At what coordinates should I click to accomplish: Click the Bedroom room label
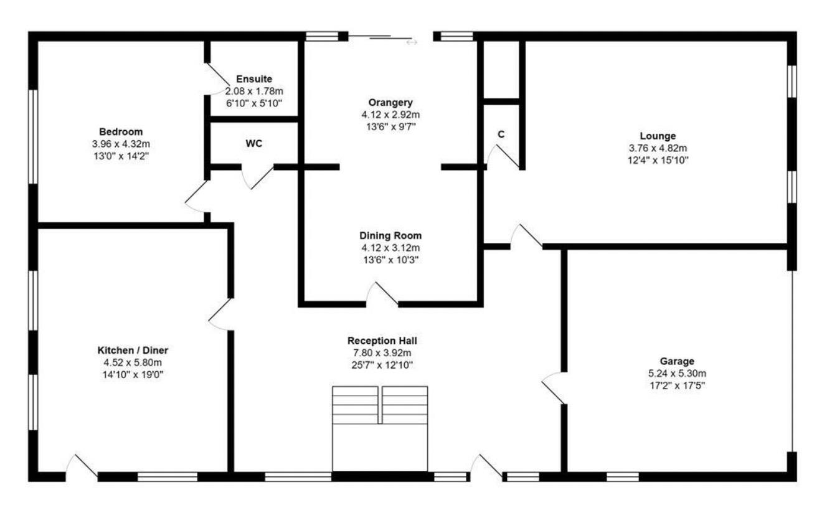tap(121, 131)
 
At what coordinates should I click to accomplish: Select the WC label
tap(254, 143)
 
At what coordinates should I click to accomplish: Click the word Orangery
tap(390, 103)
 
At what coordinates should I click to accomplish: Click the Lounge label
tap(657, 136)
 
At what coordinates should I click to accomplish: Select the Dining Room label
tap(390, 236)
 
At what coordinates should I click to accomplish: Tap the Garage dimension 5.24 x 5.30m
tap(677, 373)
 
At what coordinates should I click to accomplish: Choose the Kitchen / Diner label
tap(133, 350)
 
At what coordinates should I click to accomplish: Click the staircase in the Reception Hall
tap(380, 428)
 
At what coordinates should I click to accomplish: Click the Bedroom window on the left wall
tap(34, 137)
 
